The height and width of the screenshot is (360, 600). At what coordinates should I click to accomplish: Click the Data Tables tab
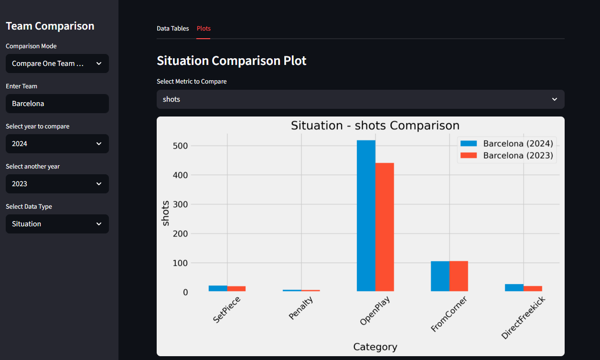(x=172, y=29)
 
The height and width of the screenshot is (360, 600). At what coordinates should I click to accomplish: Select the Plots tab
(x=204, y=29)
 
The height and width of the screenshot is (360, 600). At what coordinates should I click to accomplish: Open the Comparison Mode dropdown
(x=57, y=64)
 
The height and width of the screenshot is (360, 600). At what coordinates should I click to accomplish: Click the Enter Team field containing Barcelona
(x=57, y=104)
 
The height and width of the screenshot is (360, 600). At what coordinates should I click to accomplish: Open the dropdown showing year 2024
(x=57, y=144)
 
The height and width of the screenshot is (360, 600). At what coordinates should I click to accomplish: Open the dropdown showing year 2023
(x=57, y=184)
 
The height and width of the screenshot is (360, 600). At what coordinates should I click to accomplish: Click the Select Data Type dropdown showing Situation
(x=57, y=224)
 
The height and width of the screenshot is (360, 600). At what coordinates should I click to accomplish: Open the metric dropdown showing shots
(x=360, y=99)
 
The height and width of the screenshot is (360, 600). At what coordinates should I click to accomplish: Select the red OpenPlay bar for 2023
(x=385, y=227)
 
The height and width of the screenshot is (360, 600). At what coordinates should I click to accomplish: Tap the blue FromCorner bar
(x=440, y=276)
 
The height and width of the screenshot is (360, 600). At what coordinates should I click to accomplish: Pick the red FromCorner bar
(x=459, y=276)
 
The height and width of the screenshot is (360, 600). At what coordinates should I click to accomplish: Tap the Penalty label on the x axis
(x=301, y=308)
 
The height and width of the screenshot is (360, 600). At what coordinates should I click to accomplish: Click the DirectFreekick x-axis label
(x=523, y=317)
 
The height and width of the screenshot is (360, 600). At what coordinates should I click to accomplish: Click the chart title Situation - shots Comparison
(x=375, y=126)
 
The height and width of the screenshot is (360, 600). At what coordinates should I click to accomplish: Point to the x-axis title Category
(x=375, y=347)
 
